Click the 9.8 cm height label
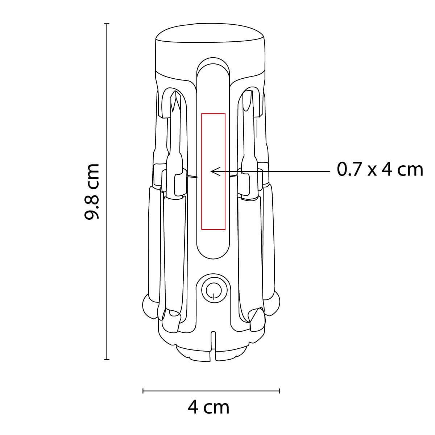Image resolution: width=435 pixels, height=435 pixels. pyautogui.click(x=92, y=191)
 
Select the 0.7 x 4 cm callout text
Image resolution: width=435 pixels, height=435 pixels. pyautogui.click(x=380, y=170)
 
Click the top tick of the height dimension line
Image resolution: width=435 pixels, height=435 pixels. pyautogui.click(x=107, y=24)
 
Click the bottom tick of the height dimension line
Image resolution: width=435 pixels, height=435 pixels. pyautogui.click(x=107, y=359)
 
